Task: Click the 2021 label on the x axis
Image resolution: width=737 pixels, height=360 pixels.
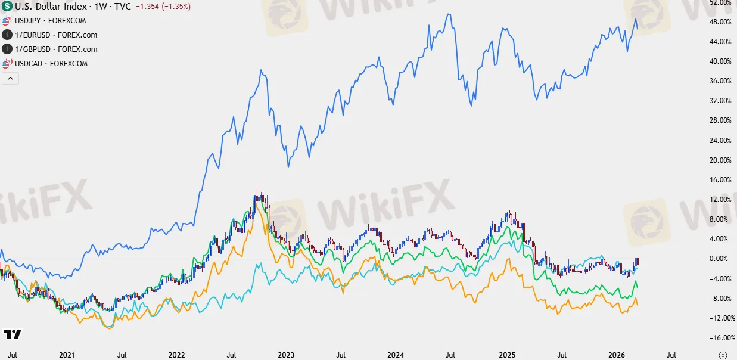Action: tap(67, 355)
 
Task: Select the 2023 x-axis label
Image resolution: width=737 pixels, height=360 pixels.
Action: tap(286, 355)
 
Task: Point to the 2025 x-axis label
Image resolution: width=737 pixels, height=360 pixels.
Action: tap(506, 355)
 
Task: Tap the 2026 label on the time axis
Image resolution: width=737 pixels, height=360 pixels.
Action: tap(616, 355)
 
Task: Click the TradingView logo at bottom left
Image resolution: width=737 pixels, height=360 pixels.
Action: tap(12, 334)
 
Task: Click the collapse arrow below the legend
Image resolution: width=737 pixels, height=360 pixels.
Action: tap(10, 78)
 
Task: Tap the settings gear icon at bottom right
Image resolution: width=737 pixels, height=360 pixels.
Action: tap(723, 355)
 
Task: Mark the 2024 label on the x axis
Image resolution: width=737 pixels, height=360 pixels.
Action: tap(396, 355)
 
